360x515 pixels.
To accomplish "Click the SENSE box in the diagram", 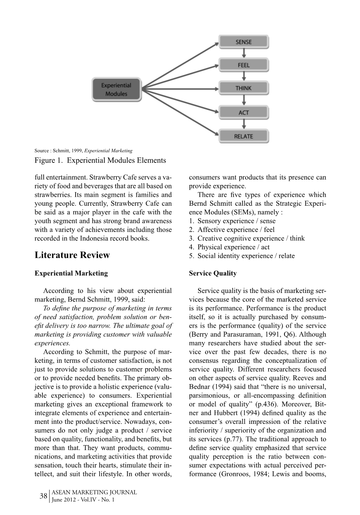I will [244, 42].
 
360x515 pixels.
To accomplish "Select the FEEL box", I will [244, 65].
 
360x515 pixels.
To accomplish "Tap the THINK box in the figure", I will [244, 88].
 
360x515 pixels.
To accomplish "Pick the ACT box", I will [244, 113].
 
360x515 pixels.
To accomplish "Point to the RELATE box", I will [244, 136].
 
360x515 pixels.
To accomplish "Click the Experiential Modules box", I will [116, 90].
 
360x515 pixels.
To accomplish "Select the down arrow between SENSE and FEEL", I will [244, 53].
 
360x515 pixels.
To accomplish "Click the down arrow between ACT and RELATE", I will [244, 125].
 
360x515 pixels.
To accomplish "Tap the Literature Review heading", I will [72, 255].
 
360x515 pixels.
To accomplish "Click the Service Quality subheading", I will [213, 273].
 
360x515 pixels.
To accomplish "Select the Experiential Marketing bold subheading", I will [71, 273].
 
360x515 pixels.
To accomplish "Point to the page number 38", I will [43, 496].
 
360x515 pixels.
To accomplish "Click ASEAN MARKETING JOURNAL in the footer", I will [94, 492].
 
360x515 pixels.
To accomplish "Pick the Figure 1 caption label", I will [100, 160].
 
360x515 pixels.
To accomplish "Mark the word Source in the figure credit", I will [42, 151].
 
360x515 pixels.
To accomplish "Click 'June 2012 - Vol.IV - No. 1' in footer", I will [83, 500].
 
